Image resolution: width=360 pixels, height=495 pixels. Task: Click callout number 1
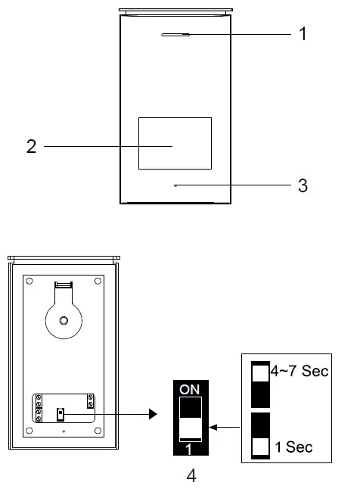point(303,35)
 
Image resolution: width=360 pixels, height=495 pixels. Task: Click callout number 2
point(31,146)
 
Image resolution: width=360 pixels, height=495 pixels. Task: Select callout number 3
point(303,185)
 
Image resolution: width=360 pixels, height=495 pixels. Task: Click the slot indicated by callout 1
point(175,34)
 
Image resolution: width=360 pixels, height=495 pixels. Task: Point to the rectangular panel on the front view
point(174,144)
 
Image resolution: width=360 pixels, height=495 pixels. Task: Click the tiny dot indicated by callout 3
point(174,185)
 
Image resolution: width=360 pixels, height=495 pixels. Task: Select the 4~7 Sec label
point(299,372)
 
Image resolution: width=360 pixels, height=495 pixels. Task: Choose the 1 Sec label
point(295,447)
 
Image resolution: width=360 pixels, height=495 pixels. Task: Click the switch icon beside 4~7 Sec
point(259,384)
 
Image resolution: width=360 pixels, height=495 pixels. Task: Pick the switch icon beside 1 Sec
point(259,435)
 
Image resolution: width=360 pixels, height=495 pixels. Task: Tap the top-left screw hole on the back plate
point(29,282)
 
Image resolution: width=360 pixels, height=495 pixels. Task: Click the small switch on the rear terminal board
point(60,414)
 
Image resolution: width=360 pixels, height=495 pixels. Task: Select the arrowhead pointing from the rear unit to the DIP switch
point(154,414)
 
